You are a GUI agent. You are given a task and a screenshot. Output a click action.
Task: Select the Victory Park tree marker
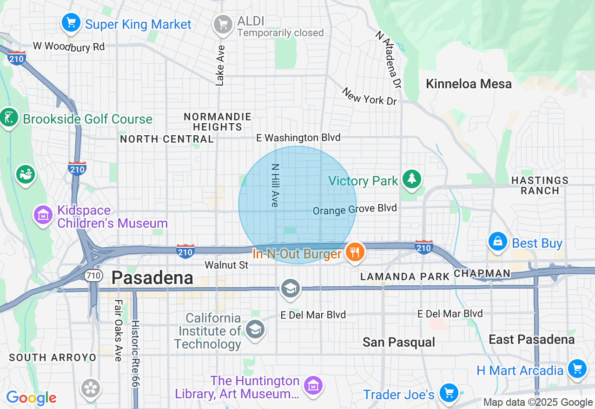click(x=411, y=179)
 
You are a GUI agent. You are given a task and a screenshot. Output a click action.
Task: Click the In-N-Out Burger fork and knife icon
click(x=355, y=252)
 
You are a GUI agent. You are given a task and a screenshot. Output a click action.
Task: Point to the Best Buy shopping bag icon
click(x=498, y=241)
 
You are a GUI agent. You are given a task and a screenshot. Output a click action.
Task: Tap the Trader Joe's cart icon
click(x=449, y=393)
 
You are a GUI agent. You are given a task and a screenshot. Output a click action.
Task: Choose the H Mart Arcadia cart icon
click(x=577, y=369)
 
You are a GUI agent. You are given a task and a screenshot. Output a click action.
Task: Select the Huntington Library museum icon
click(x=313, y=385)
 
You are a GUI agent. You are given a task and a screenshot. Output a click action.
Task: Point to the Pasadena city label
click(x=152, y=278)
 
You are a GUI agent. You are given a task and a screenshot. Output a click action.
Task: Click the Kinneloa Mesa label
click(x=469, y=84)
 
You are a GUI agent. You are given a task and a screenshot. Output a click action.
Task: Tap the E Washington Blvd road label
click(x=298, y=138)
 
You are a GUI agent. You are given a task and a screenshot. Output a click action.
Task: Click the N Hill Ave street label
click(x=275, y=185)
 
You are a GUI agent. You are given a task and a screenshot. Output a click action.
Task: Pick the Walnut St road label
click(x=226, y=265)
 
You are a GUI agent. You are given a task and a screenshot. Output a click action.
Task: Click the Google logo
click(x=31, y=398)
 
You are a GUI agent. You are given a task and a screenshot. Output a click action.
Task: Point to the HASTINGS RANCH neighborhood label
click(x=540, y=185)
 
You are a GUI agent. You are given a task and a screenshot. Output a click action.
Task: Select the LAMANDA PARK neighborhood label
click(x=405, y=277)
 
